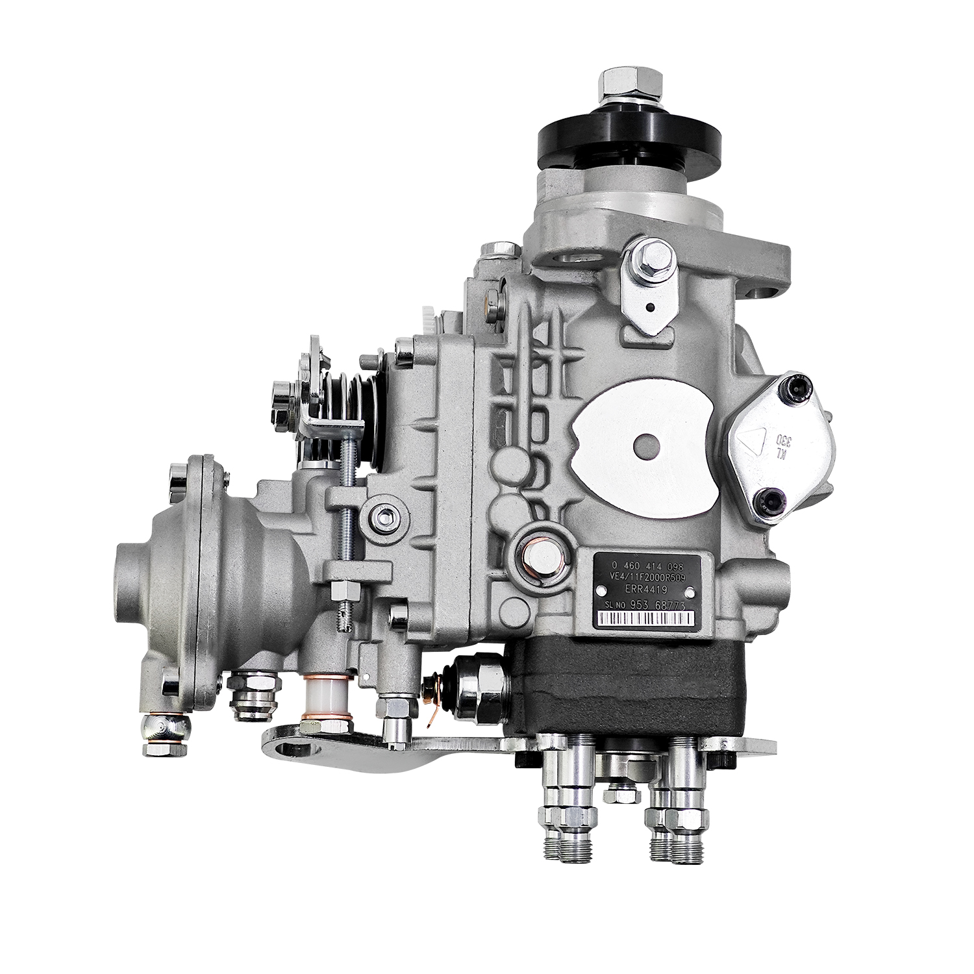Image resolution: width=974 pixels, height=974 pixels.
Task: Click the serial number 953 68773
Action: pyautogui.click(x=662, y=605)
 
